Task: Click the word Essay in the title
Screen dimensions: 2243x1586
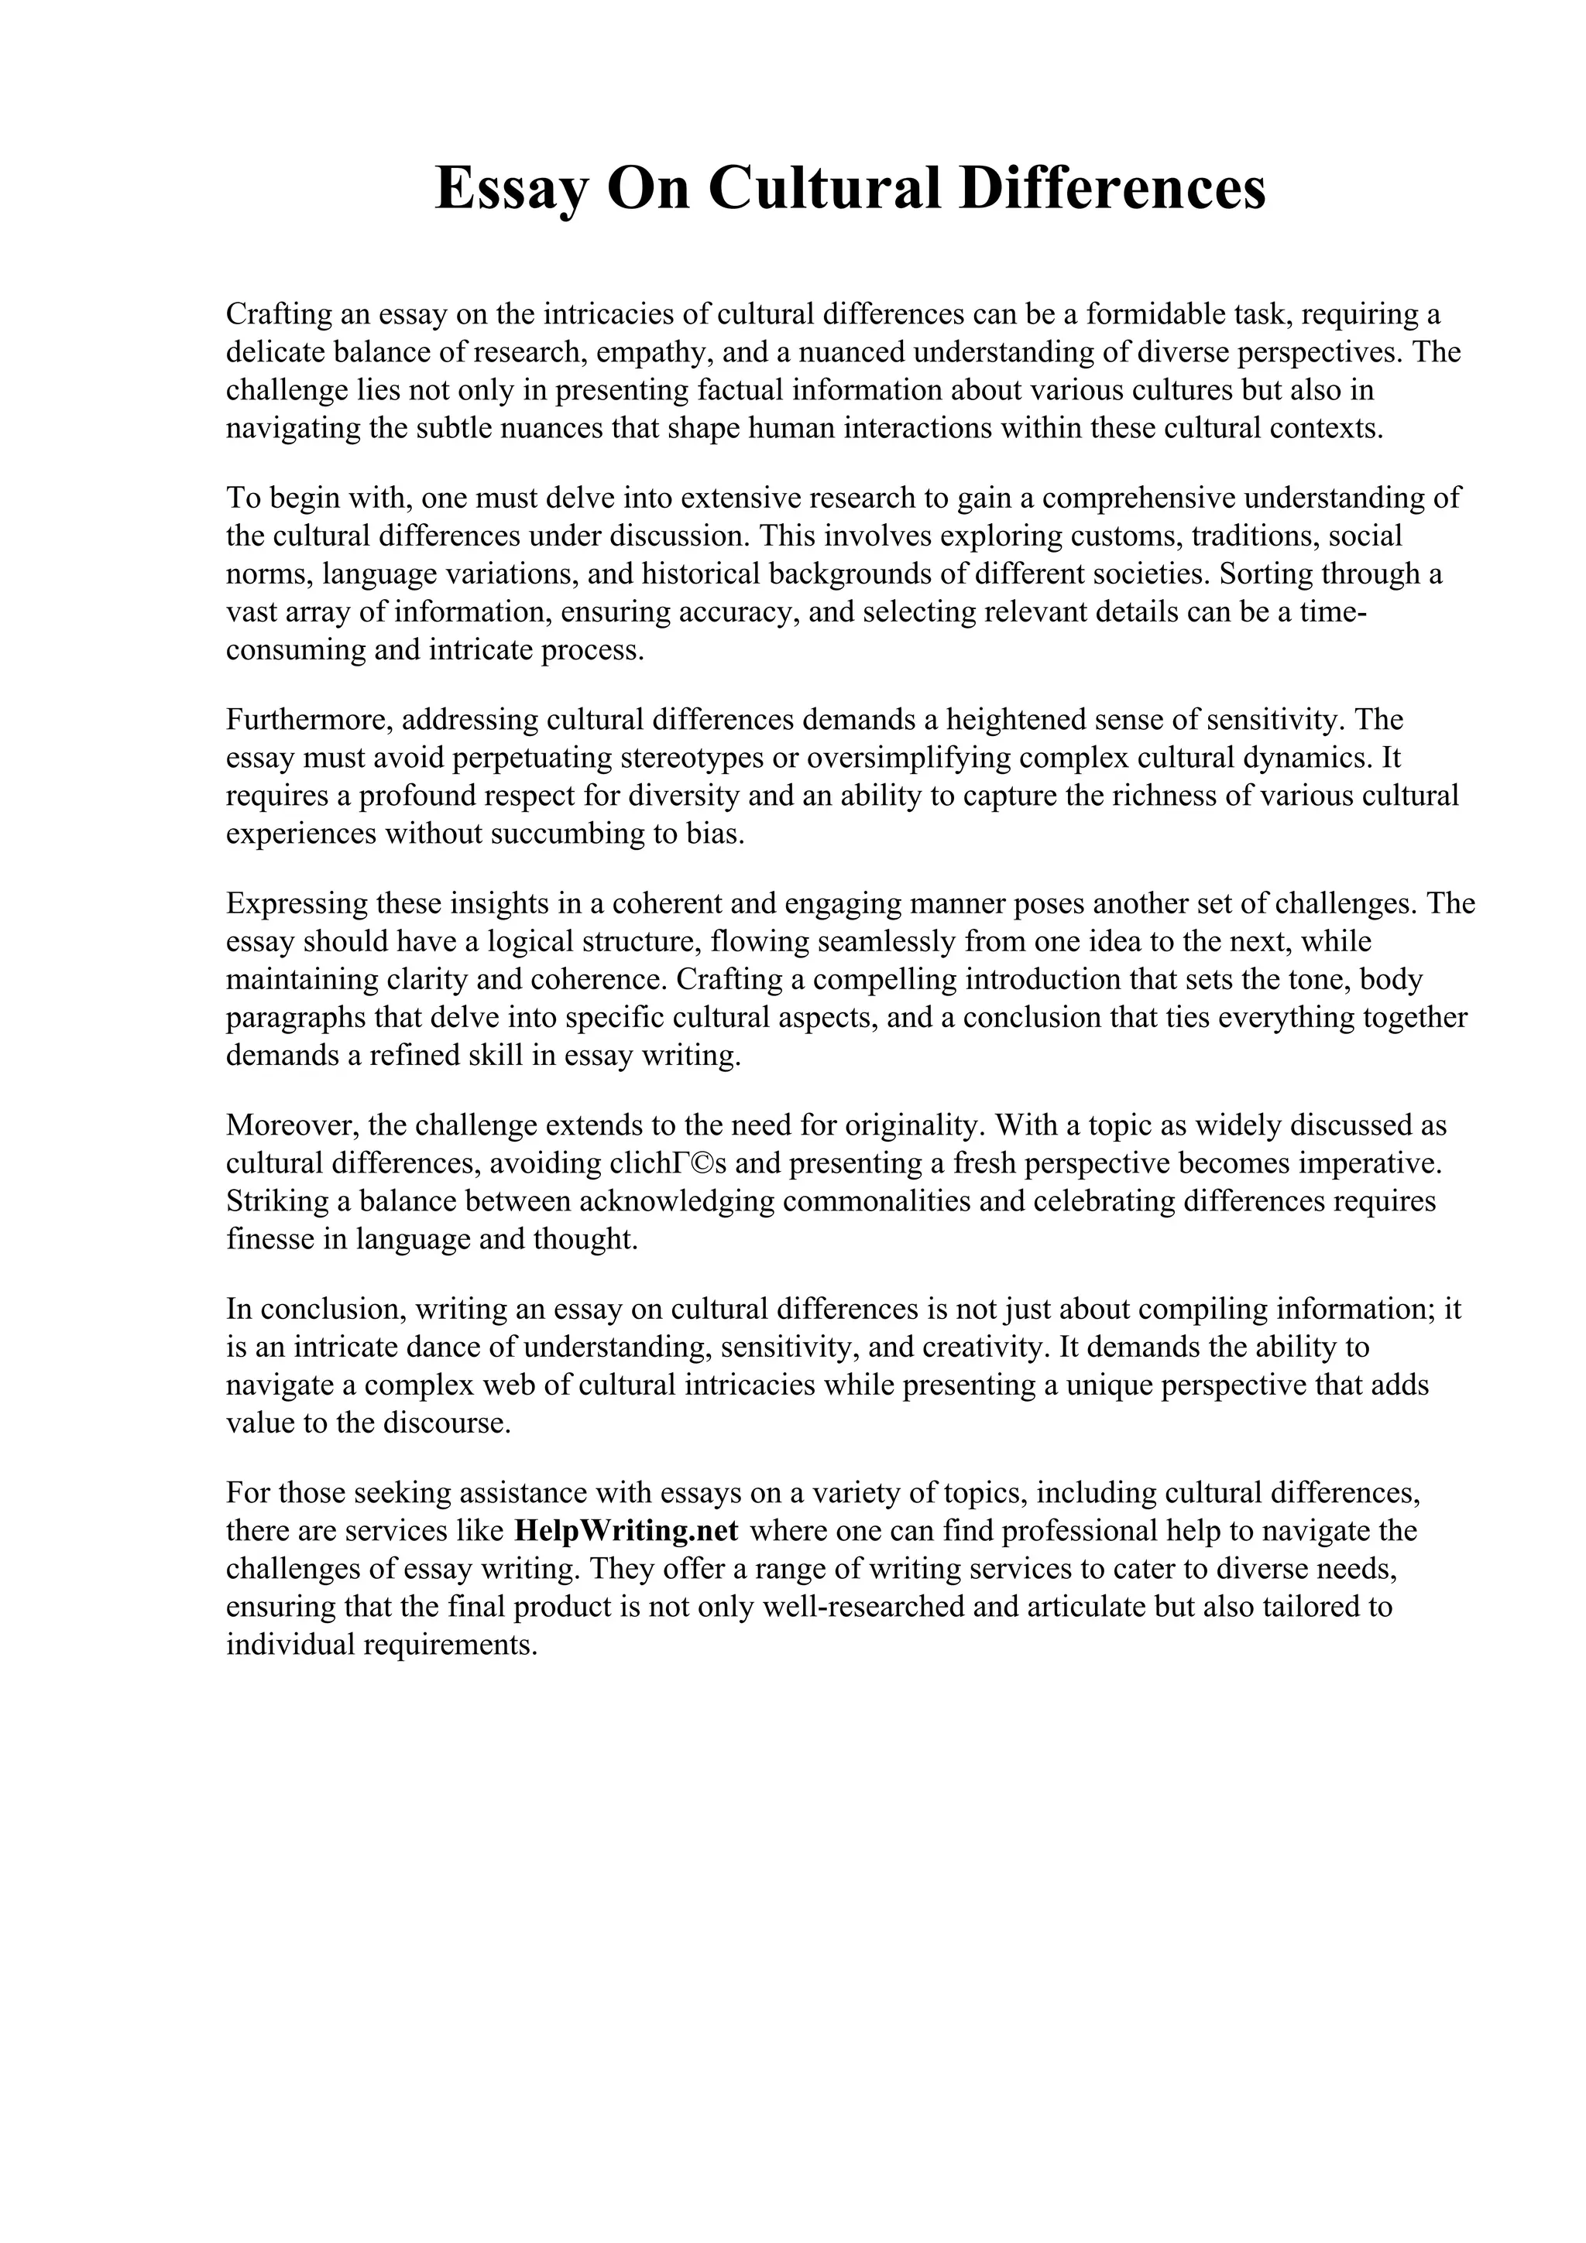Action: click(510, 189)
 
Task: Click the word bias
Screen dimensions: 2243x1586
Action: click(716, 834)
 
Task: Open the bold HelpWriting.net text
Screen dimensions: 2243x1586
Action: click(626, 1531)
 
